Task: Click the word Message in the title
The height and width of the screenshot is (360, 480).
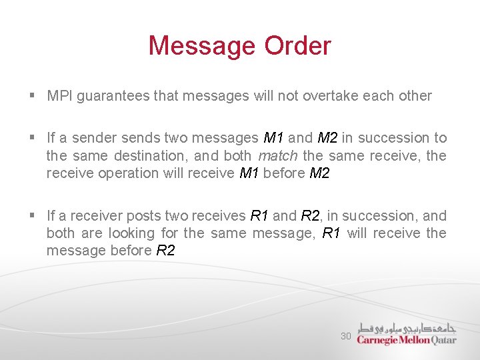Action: click(202, 46)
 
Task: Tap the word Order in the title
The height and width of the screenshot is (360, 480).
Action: click(297, 46)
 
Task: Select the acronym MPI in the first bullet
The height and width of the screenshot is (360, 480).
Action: click(60, 96)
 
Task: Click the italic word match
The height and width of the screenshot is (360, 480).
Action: click(277, 155)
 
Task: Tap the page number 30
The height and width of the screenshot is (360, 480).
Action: click(345, 336)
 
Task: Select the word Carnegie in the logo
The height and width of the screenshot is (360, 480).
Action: click(378, 339)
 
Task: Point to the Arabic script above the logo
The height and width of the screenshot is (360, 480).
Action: click(407, 328)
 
